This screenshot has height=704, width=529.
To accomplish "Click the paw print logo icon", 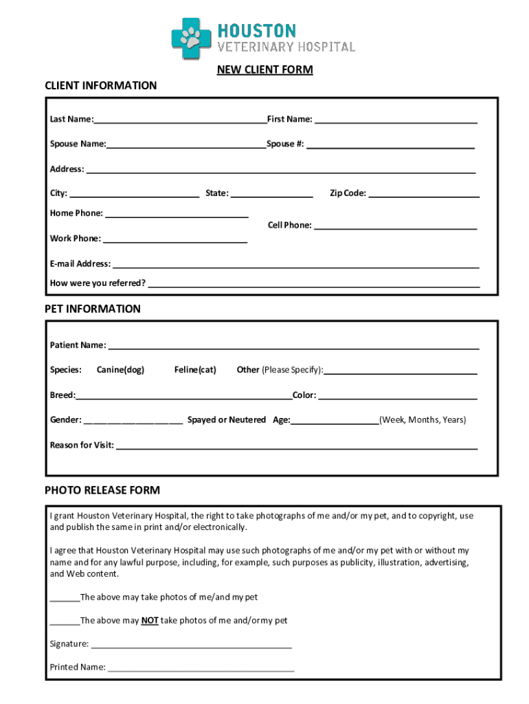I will [192, 38].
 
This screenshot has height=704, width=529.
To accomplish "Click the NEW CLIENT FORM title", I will [265, 69].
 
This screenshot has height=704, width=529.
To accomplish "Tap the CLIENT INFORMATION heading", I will [101, 85].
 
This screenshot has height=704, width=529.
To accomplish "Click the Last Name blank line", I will [181, 121].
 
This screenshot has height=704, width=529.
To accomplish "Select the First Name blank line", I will [396, 121].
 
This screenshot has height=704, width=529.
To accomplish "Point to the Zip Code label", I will [348, 193].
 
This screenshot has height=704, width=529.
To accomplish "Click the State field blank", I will [272, 195].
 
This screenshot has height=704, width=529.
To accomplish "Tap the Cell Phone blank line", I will [395, 227].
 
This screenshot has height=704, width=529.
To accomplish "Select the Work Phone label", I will [75, 239].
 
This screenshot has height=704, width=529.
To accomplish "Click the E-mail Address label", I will [80, 264].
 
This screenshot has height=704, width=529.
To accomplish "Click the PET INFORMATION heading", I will [93, 309].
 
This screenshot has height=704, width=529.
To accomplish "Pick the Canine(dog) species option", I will [120, 370].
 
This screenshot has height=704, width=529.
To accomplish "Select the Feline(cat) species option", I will [195, 370].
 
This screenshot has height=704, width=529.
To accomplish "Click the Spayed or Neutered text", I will [226, 420].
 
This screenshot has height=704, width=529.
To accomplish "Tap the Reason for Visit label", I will [82, 445].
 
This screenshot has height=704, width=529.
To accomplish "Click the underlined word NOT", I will [150, 621].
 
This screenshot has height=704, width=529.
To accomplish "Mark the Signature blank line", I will [192, 646].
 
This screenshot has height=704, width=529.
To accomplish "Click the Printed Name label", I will [78, 667].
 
